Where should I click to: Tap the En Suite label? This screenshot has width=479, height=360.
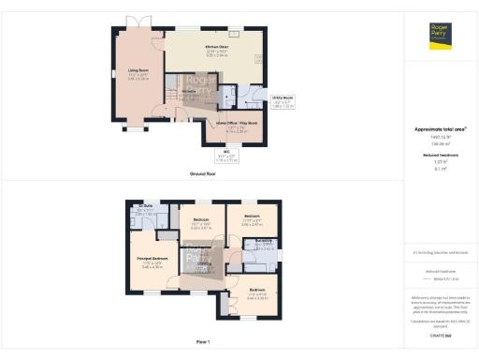(x=145, y=206)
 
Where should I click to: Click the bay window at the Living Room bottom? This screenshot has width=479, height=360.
(x=138, y=128)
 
